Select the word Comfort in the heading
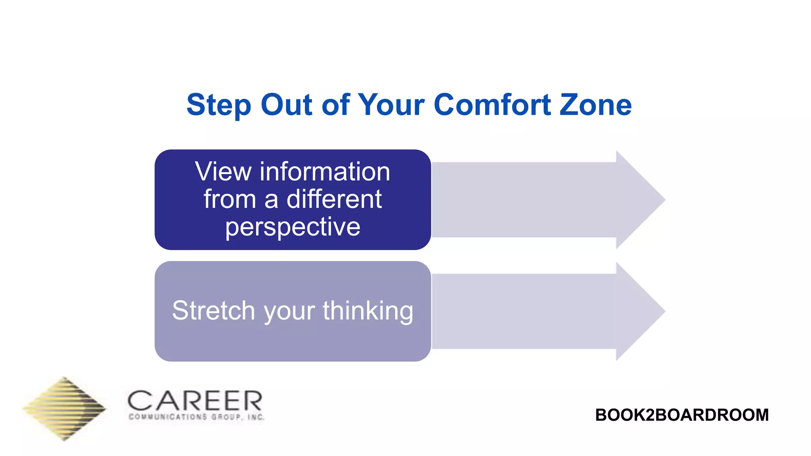click(492, 105)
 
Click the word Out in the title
click(286, 105)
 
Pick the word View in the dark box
click(223, 172)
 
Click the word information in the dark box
click(325, 172)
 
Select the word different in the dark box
click(334, 199)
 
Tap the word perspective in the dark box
click(293, 227)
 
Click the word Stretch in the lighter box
click(213, 310)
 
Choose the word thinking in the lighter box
click(368, 310)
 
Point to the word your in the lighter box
click(289, 311)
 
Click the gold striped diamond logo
click(65, 408)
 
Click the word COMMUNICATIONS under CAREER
click(168, 417)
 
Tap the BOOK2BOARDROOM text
click(682, 415)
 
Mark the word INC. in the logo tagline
click(256, 417)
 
